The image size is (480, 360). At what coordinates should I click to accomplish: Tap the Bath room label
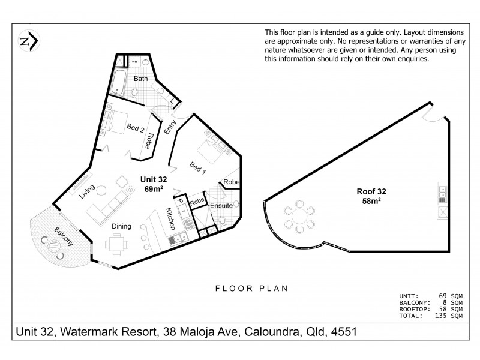coord(141,79)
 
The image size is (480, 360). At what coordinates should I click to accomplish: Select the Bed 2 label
coord(136,127)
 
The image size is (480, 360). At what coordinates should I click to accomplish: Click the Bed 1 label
coord(198,168)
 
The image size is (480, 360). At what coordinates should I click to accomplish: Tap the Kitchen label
coord(171,219)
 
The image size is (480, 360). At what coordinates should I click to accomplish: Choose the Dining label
coord(123,226)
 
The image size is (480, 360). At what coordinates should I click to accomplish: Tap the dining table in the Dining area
coord(116,245)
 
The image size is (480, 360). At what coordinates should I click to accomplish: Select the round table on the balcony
coord(52,246)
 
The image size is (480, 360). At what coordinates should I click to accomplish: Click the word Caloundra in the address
coord(272,332)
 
